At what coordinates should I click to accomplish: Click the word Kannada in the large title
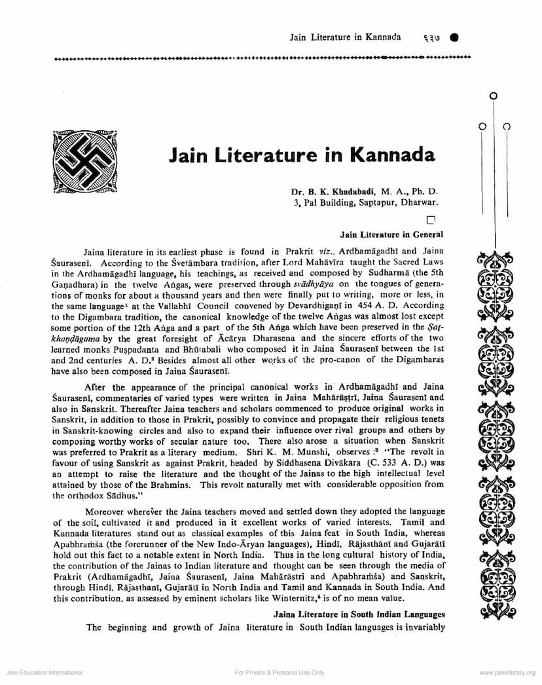tap(393, 155)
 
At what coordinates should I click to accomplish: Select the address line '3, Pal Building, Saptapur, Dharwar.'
tap(366, 203)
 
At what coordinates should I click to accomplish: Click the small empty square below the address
tap(430, 221)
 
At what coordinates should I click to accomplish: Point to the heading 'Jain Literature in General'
tap(391, 234)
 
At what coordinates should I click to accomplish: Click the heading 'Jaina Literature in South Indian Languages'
tap(359, 614)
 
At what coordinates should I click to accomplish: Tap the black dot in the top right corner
tap(454, 37)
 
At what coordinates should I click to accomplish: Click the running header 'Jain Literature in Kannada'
tap(345, 37)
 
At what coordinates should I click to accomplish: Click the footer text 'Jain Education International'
tap(44, 673)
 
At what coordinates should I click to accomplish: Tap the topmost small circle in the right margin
tap(494, 96)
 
